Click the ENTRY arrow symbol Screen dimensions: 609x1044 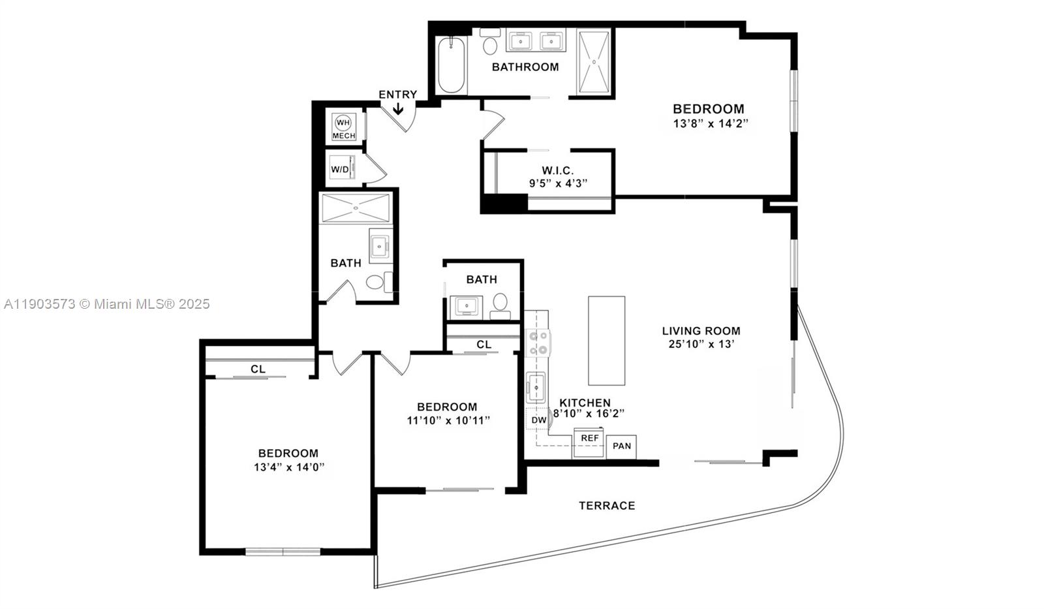pos(397,109)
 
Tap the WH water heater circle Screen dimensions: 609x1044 pos(343,123)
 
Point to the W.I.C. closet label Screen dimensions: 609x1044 pos(558,171)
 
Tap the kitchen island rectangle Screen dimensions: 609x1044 pos(606,341)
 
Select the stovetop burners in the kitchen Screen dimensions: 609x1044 pos(539,343)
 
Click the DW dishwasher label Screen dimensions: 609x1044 pos(538,420)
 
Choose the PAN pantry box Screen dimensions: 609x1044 pos(622,446)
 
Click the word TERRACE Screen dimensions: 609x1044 pos(607,505)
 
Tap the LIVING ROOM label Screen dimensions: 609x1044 pos(701,331)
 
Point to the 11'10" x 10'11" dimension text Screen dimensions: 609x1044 pos(448,420)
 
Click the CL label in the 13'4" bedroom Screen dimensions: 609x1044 pos(258,369)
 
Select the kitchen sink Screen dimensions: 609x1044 pos(536,387)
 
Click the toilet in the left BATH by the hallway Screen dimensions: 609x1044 pos(375,282)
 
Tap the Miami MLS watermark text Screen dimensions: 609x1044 pos(107,304)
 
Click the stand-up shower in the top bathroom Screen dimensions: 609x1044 pos(594,62)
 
